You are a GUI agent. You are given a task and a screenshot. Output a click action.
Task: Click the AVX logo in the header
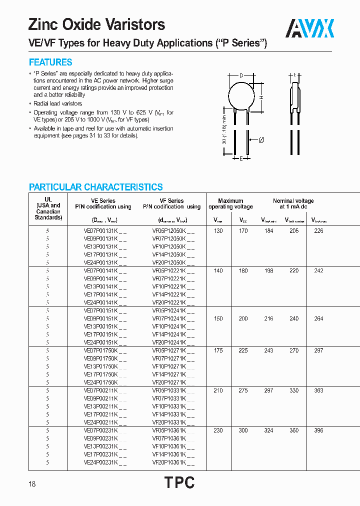tap(309, 28)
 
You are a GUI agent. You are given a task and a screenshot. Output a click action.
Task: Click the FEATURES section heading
tap(50, 62)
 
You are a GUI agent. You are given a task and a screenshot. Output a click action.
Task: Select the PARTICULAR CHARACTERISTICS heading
tap(95, 187)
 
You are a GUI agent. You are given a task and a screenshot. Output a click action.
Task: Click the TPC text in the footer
tap(179, 482)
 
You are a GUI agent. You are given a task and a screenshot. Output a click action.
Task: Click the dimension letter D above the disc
tap(241, 75)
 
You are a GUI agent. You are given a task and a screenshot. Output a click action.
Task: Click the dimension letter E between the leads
tap(241, 159)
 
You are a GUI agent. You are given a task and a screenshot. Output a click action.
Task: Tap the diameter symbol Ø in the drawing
tap(260, 140)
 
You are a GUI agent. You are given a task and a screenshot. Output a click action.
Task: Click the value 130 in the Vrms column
tap(218, 231)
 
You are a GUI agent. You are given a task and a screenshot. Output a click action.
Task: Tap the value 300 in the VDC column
tap(243, 430)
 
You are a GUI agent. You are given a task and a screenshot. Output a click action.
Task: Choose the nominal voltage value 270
tap(294, 351)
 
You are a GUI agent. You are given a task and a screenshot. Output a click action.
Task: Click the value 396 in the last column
tap(318, 430)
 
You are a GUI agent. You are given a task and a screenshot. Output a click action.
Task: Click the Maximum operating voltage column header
tap(230, 204)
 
